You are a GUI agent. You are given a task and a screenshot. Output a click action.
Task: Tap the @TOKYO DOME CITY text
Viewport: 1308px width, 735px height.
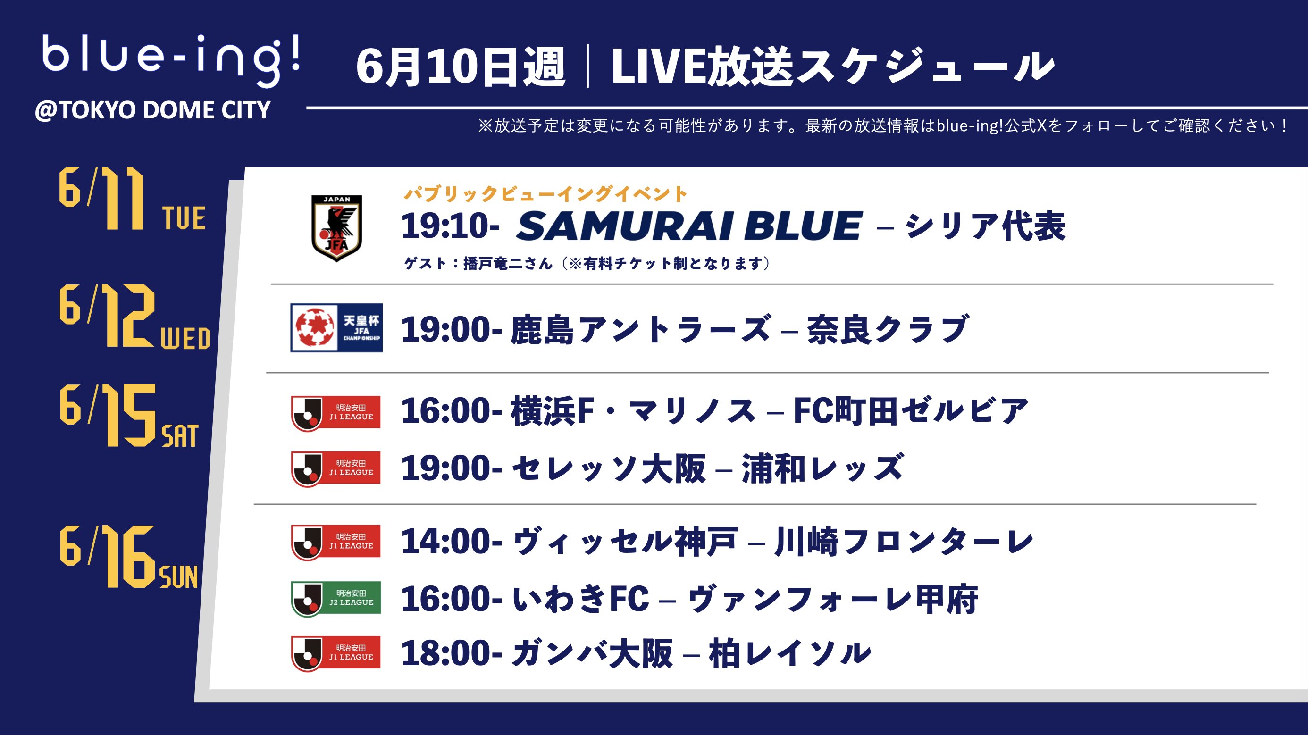click(152, 110)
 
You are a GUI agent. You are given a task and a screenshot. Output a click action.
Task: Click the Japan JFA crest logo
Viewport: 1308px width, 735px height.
click(336, 228)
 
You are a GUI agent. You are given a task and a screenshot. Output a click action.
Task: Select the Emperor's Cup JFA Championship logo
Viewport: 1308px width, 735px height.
click(336, 328)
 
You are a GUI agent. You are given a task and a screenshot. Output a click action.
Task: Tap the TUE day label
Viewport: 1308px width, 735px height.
click(184, 219)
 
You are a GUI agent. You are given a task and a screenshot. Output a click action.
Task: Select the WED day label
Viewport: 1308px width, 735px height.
click(185, 339)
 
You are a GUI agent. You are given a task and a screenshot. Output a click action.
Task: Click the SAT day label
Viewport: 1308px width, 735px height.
click(180, 436)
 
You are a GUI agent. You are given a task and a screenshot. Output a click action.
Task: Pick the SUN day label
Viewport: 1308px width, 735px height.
click(179, 577)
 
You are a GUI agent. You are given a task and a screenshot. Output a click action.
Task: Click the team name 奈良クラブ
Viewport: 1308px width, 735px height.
click(888, 329)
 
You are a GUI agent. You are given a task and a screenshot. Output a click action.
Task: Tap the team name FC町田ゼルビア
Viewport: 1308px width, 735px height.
click(911, 410)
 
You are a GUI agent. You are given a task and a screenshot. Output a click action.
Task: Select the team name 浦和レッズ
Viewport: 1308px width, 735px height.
click(822, 468)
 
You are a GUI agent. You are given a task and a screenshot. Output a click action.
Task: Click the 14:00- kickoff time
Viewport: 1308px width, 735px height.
click(452, 541)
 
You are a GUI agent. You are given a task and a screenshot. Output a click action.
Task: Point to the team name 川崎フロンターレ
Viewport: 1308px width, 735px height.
click(904, 542)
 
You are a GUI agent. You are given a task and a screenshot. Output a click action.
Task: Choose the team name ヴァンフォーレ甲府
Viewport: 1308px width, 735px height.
click(833, 599)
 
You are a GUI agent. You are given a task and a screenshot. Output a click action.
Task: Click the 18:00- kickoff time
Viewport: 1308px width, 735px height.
click(452, 653)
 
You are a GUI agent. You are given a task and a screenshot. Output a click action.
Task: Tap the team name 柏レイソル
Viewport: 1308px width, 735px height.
click(790, 653)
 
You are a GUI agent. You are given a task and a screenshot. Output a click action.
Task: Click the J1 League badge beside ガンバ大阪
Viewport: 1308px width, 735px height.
click(336, 653)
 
